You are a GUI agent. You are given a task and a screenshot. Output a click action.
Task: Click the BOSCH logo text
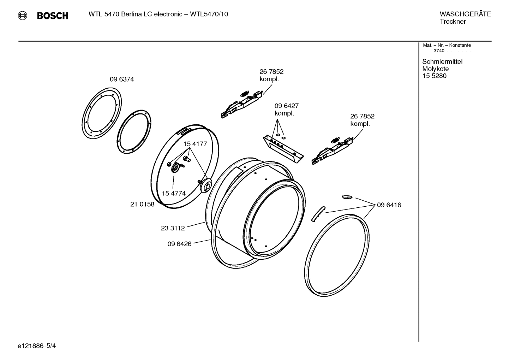pos(53,16)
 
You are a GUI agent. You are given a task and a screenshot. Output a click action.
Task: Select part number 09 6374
pos(122,79)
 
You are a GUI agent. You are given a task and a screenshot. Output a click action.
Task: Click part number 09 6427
pos(286,106)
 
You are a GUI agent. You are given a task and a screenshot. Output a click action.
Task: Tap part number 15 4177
pos(195,144)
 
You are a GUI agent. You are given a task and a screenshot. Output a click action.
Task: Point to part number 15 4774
pos(174,193)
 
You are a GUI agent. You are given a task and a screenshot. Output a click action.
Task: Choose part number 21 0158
pos(142,204)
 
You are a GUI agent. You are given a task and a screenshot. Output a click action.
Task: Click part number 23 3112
pos(173,228)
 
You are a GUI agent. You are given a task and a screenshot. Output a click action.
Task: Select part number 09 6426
pos(179,244)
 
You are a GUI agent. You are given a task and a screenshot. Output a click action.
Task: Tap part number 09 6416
pos(389,205)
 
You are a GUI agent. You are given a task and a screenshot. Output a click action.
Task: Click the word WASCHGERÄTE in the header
pos(465,14)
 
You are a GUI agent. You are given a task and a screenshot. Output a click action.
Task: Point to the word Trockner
pos(453,22)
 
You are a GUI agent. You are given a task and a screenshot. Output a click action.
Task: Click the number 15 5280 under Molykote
pos(434,76)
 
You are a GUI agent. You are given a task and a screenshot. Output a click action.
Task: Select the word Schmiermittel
pos(442,61)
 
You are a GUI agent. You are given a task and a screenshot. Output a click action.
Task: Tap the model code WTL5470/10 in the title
pos(209,14)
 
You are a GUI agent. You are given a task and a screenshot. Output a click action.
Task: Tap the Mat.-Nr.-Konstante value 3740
pos(439,51)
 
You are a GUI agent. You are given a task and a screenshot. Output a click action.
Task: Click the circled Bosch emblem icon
pos(22,15)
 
